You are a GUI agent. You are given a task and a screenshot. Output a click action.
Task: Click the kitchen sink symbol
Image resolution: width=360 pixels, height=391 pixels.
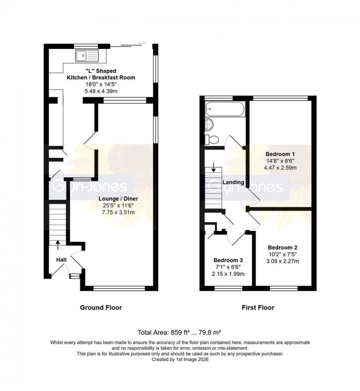click(x=86, y=55)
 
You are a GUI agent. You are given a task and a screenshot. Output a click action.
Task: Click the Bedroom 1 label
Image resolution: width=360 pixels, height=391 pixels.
click(x=280, y=154)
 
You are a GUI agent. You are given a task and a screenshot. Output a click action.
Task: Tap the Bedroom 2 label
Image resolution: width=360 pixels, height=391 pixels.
click(x=282, y=248)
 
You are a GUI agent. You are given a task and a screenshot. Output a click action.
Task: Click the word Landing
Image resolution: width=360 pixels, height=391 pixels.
click(x=233, y=182)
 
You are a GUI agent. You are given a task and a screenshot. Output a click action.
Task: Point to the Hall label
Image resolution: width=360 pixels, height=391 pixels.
click(x=61, y=260)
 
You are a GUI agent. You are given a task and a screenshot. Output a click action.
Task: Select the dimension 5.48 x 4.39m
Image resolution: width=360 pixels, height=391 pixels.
click(x=101, y=91)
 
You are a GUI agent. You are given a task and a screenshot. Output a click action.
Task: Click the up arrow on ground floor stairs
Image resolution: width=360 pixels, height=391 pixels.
click(x=58, y=242)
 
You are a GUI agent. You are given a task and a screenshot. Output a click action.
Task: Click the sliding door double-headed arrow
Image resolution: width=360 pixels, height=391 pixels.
click(x=142, y=43)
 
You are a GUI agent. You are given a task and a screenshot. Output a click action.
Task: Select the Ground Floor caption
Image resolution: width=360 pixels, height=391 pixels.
click(x=101, y=307)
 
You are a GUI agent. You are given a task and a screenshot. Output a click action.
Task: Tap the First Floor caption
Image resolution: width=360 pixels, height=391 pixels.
click(x=258, y=307)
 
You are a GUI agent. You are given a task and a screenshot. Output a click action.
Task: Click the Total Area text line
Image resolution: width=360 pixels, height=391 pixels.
click(x=180, y=332)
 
